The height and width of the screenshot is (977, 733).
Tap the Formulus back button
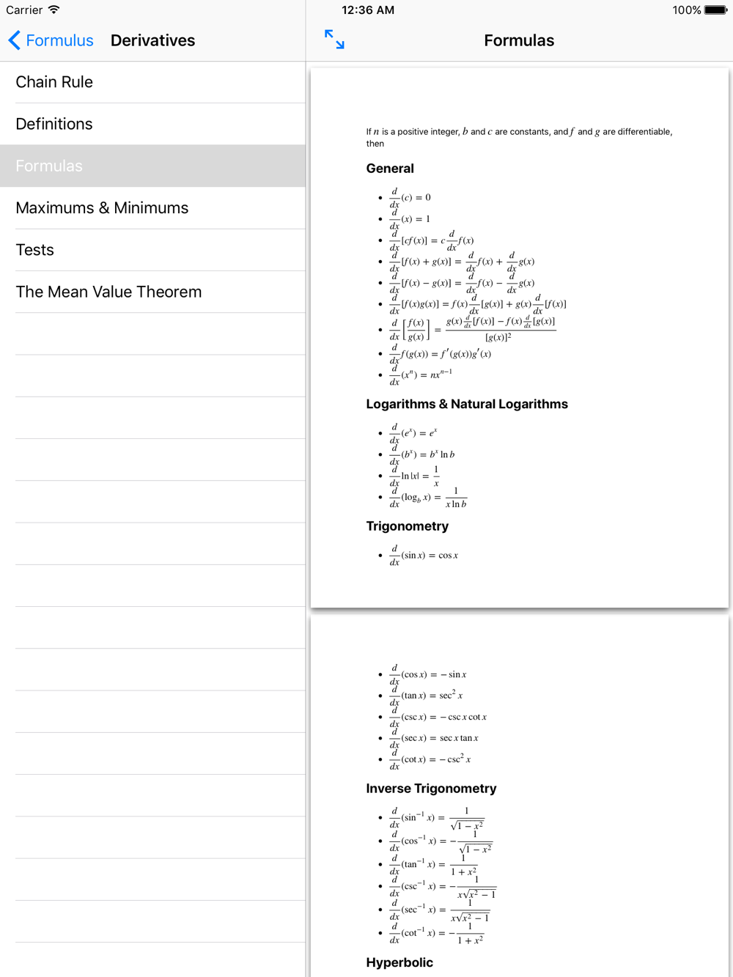[x=51, y=40]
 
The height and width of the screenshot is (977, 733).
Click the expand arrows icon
[x=334, y=40]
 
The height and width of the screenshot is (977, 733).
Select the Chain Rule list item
[x=54, y=82]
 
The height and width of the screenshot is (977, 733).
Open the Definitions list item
[x=54, y=124]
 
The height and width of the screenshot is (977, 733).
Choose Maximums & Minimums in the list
[x=102, y=208]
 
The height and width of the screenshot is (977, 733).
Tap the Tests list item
[x=35, y=250]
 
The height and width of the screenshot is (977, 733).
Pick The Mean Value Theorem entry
[x=108, y=292]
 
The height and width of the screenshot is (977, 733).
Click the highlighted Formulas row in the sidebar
[x=49, y=166]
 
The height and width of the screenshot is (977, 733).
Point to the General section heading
[x=390, y=169]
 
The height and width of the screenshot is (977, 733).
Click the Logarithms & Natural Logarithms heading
[x=467, y=404]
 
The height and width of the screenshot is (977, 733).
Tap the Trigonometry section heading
[x=408, y=526]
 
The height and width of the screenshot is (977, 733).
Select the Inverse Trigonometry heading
[x=431, y=789]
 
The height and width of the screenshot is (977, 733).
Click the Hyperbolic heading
[x=399, y=962]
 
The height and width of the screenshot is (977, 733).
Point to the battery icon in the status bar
[x=715, y=10]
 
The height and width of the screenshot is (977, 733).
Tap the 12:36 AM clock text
[x=368, y=10]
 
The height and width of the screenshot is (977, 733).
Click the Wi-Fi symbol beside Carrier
[x=54, y=10]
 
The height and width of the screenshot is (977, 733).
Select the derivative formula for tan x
[x=426, y=696]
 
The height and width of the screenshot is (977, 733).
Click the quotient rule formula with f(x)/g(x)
[x=472, y=329]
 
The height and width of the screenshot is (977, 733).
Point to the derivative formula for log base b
[x=428, y=498]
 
